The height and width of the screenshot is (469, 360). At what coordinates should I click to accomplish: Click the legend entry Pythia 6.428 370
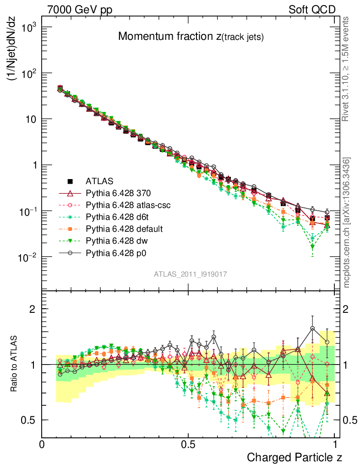[118, 194]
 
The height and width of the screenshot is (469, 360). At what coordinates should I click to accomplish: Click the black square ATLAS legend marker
[70, 182]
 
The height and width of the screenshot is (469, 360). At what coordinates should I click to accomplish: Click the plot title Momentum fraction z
[191, 37]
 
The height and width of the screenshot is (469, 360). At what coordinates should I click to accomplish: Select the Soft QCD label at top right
[312, 10]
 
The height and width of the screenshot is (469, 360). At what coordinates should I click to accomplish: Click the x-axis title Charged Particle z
[295, 457]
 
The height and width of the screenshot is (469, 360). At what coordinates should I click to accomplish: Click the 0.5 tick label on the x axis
[188, 444]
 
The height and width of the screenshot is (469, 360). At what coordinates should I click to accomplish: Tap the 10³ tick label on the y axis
[27, 27]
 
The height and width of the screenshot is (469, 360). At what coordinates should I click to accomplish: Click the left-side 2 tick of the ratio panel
[33, 309]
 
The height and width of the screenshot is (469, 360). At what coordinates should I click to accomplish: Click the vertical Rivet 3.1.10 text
[346, 69]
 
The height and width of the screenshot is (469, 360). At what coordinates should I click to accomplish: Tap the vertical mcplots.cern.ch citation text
[347, 223]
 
